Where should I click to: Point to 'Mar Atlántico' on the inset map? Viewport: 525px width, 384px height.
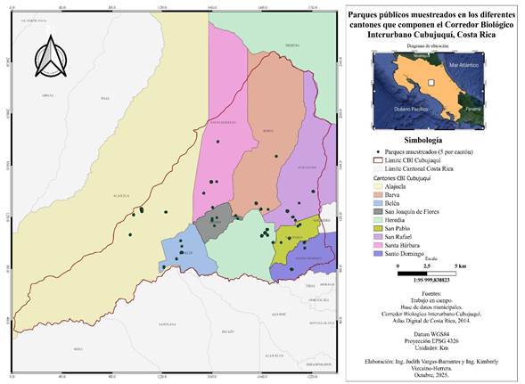(464, 66)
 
